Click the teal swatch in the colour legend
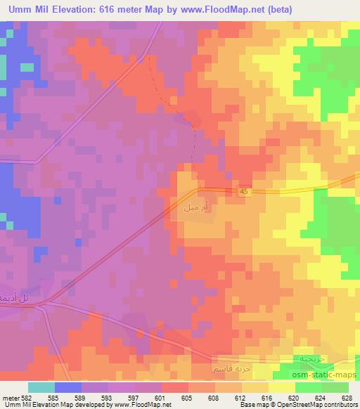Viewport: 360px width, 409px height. [41, 387]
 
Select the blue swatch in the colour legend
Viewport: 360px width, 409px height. [68, 387]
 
